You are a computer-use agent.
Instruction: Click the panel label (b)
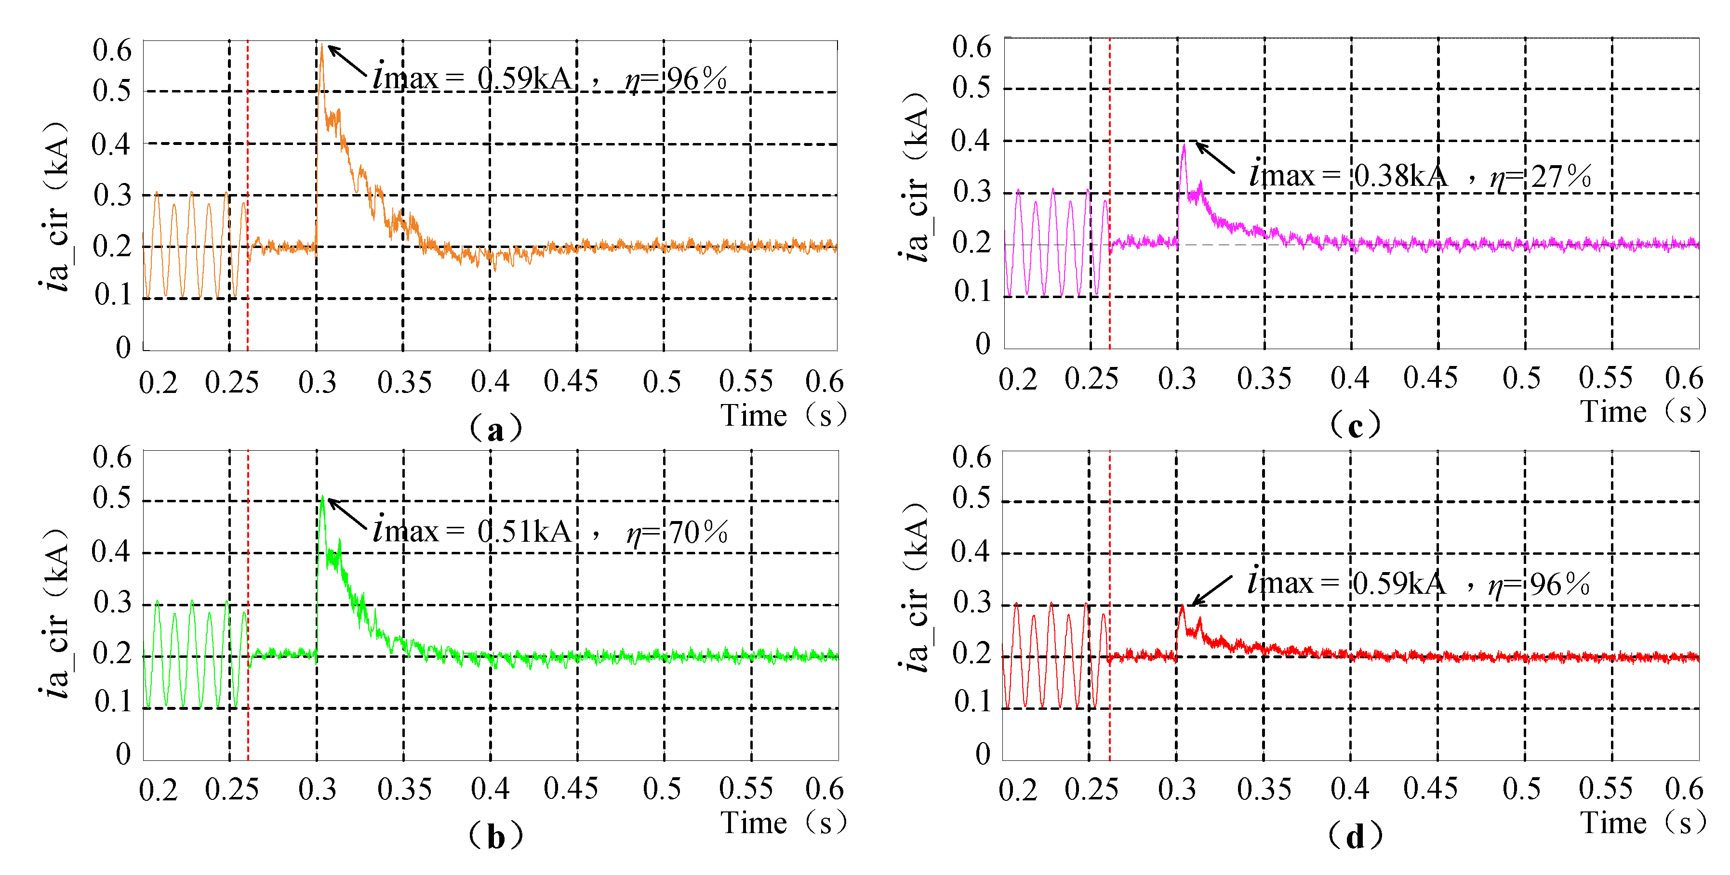tap(496, 836)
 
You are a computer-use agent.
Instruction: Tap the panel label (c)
tap(1355, 425)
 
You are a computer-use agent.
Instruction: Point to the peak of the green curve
tap(323, 498)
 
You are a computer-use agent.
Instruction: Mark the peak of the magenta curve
tap(1184, 145)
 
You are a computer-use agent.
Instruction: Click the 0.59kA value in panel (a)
tap(524, 79)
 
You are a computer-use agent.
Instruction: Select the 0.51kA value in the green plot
tap(524, 532)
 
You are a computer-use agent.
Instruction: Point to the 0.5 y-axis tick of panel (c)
tap(971, 88)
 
